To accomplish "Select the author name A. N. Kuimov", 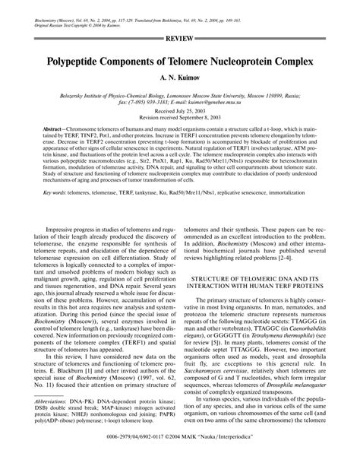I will click(180, 78).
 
